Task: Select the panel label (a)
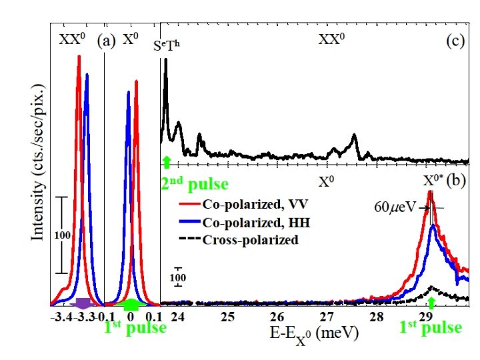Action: [x=105, y=39]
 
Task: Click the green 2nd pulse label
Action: [x=195, y=182]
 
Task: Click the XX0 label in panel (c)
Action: [x=331, y=40]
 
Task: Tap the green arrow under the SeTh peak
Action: [x=167, y=160]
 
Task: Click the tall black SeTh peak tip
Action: [x=166, y=59]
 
